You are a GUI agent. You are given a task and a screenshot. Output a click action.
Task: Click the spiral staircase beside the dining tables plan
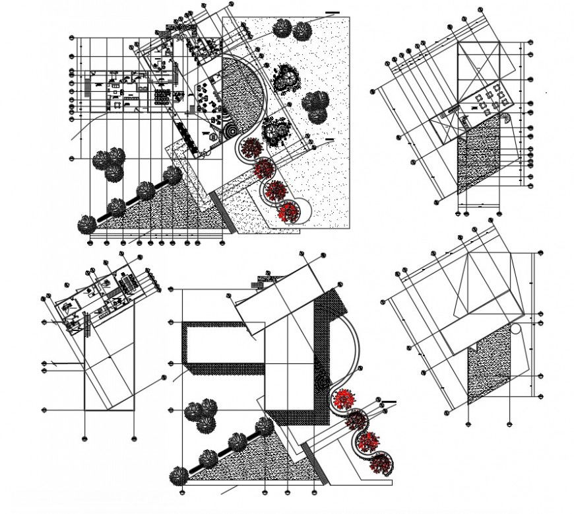505,119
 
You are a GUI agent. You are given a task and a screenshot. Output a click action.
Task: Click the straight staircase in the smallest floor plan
86,324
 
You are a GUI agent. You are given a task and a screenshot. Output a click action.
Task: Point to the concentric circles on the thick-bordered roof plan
322,382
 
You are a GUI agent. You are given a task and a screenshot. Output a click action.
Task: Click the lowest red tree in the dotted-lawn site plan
288,212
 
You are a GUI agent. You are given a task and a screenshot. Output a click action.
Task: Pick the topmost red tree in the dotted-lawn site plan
251,148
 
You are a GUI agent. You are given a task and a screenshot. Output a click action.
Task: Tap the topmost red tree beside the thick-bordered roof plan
344,398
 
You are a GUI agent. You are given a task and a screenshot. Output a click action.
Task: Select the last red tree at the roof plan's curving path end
380,462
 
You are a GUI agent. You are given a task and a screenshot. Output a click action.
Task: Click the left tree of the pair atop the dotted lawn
283,28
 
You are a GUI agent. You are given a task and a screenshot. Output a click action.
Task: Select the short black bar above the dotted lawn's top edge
332,12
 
